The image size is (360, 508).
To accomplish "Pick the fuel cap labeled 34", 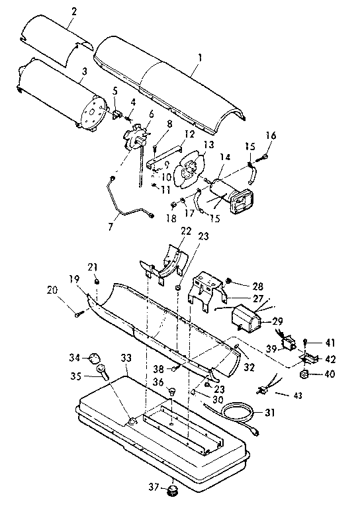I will pos(92,359).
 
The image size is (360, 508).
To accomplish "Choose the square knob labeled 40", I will pos(305,375).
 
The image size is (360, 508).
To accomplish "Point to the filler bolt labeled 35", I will pos(105,376).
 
